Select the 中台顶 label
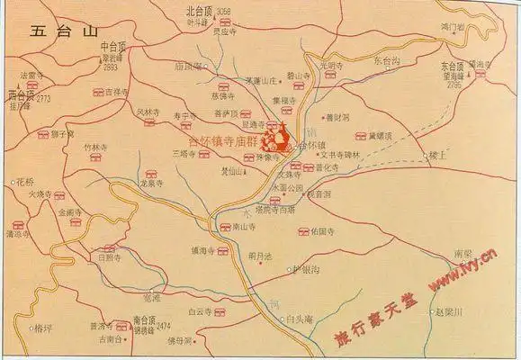click(114, 45)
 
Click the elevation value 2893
click(111, 67)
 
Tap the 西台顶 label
click(20, 94)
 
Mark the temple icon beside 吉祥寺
click(95, 92)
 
